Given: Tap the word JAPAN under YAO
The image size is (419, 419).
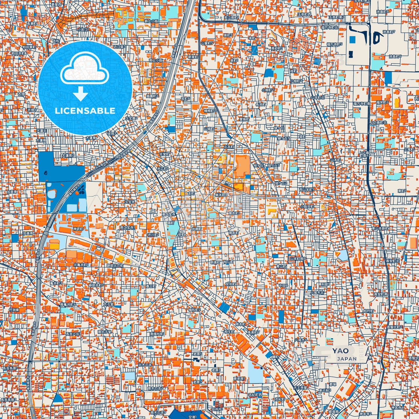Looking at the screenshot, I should point(347,359).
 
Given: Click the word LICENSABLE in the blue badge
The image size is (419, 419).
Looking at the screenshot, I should point(85,110).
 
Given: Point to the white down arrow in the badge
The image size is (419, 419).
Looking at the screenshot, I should point(81,93).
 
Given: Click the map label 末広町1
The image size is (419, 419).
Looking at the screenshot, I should point(163,168).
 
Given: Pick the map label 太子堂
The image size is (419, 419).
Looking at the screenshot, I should point(108,304).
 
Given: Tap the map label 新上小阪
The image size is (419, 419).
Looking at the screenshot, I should point(151,21).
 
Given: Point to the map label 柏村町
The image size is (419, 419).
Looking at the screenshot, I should point(368,311).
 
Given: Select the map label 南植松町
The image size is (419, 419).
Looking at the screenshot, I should point(157,334).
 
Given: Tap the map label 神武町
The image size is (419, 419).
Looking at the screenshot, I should point(78,229).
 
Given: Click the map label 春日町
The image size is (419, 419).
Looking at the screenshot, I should point(151,286).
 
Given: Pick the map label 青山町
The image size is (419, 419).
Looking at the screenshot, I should point(281,266).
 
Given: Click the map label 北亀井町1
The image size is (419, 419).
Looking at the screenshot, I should point(81,265).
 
